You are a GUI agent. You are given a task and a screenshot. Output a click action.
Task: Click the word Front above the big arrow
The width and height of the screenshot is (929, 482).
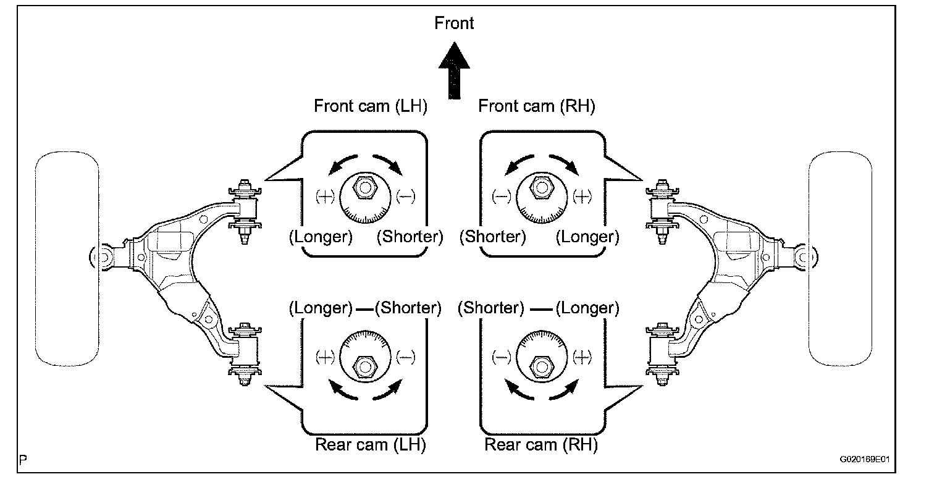[x=454, y=23]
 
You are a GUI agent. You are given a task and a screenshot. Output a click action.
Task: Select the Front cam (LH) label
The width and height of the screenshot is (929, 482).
[x=371, y=106]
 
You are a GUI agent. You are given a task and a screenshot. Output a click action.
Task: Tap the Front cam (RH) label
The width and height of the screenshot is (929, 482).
[x=537, y=106]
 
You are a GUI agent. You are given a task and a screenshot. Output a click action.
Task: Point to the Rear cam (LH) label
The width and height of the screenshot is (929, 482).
[x=371, y=444]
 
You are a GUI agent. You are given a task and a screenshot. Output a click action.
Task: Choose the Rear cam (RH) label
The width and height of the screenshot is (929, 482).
[x=541, y=444]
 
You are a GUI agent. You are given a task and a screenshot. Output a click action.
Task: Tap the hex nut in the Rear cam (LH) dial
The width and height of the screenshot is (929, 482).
[x=364, y=366]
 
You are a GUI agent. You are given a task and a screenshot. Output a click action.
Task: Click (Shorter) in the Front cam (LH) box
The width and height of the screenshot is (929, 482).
[x=410, y=237]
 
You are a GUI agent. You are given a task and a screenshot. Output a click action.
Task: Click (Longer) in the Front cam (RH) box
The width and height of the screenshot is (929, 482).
[x=587, y=237]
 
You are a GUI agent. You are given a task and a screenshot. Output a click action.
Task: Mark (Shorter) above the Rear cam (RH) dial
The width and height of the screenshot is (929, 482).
[x=492, y=308]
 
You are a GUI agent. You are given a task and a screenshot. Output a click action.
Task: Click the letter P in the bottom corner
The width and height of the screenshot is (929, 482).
[x=23, y=460]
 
